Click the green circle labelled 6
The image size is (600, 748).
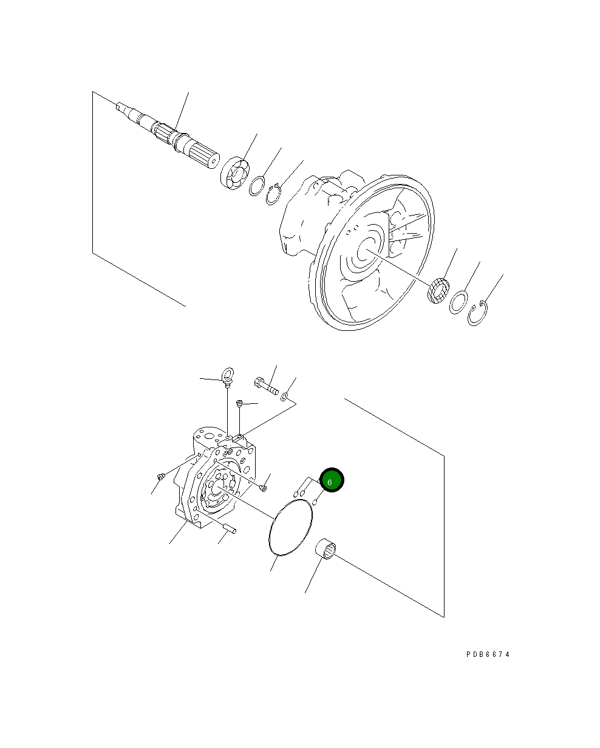pyautogui.click(x=332, y=481)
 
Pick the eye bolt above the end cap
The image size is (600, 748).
pyautogui.click(x=227, y=376)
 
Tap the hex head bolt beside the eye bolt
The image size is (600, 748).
pyautogui.click(x=265, y=386)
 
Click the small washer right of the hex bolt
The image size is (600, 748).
pyautogui.click(x=285, y=398)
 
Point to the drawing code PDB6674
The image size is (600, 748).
pyautogui.click(x=488, y=654)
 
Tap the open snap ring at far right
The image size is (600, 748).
pyautogui.click(x=479, y=313)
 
